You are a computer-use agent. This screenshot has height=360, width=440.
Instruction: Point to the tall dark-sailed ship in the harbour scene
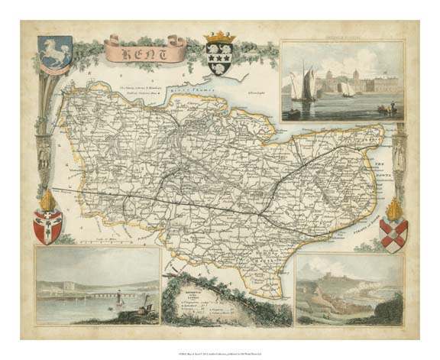pos(308,84)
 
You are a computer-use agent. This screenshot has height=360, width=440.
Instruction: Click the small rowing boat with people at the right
pos(382,109)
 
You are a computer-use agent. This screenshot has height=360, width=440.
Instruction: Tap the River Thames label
pos(206,96)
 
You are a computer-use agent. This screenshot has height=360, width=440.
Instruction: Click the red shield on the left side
pos(47,227)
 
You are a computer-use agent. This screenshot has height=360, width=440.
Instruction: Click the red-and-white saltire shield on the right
pos(393,235)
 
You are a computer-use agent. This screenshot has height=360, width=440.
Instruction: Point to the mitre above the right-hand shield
pos(394,207)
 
